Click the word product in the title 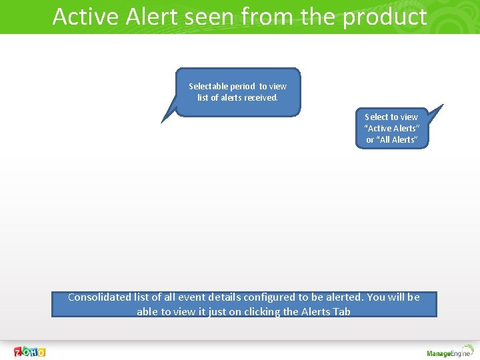(x=385, y=17)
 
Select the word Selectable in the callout (x=209, y=86)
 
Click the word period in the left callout (x=243, y=86)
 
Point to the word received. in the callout (x=261, y=97)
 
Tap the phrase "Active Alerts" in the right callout (x=391, y=128)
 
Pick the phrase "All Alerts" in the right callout (x=397, y=139)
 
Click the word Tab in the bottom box (x=341, y=311)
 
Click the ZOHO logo (x=30, y=351)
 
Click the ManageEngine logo (x=449, y=353)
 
